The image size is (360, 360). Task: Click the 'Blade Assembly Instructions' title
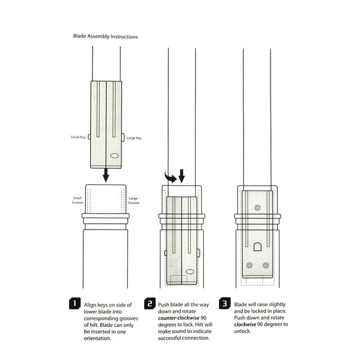(105, 36)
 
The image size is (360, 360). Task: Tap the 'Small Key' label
(78, 137)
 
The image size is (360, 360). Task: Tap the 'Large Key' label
(134, 138)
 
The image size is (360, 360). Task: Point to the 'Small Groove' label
(78, 200)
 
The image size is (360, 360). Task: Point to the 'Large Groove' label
(134, 200)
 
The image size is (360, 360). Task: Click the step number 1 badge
(75, 304)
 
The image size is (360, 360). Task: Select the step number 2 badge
(150, 304)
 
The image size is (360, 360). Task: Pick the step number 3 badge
(224, 304)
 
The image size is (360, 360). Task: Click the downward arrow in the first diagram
(106, 175)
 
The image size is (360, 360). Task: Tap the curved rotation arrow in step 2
(169, 178)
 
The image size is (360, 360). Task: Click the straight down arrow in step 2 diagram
(182, 176)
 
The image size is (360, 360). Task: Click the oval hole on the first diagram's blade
(114, 156)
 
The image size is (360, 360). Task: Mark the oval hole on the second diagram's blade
(190, 272)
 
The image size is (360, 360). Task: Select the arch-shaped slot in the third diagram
(258, 247)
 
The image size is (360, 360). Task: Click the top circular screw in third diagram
(258, 208)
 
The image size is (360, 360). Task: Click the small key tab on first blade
(89, 137)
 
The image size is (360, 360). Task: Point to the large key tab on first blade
(123, 137)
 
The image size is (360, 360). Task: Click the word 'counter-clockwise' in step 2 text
(175, 318)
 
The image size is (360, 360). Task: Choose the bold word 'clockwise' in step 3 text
(245, 325)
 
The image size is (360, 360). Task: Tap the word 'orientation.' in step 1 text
(97, 338)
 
